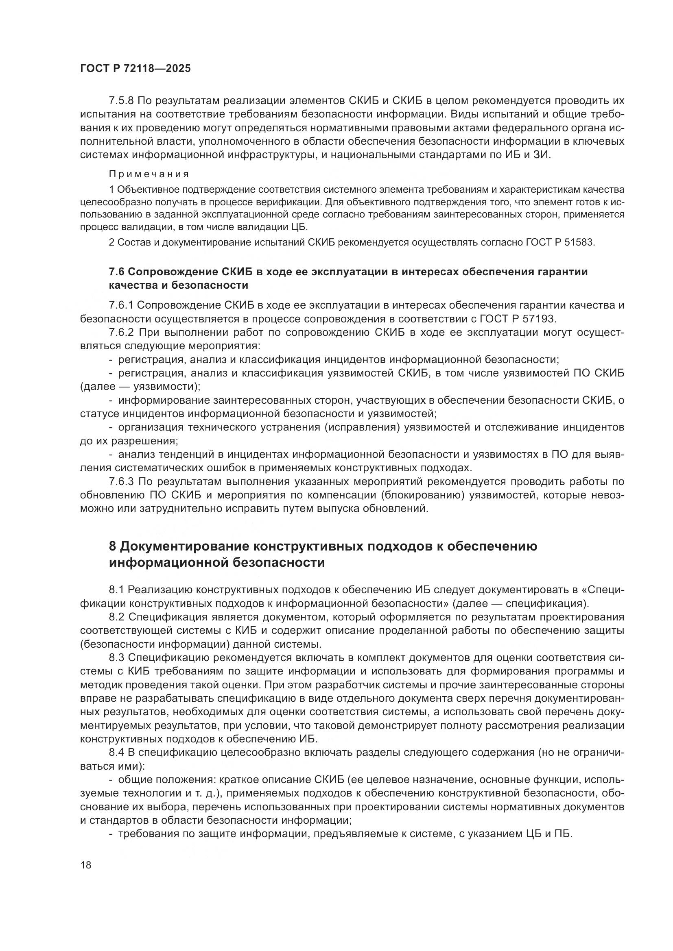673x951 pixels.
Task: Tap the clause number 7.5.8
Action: tap(121, 101)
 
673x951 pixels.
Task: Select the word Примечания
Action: tap(149, 174)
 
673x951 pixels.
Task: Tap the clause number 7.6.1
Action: tap(121, 305)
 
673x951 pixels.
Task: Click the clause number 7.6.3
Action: tap(121, 482)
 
